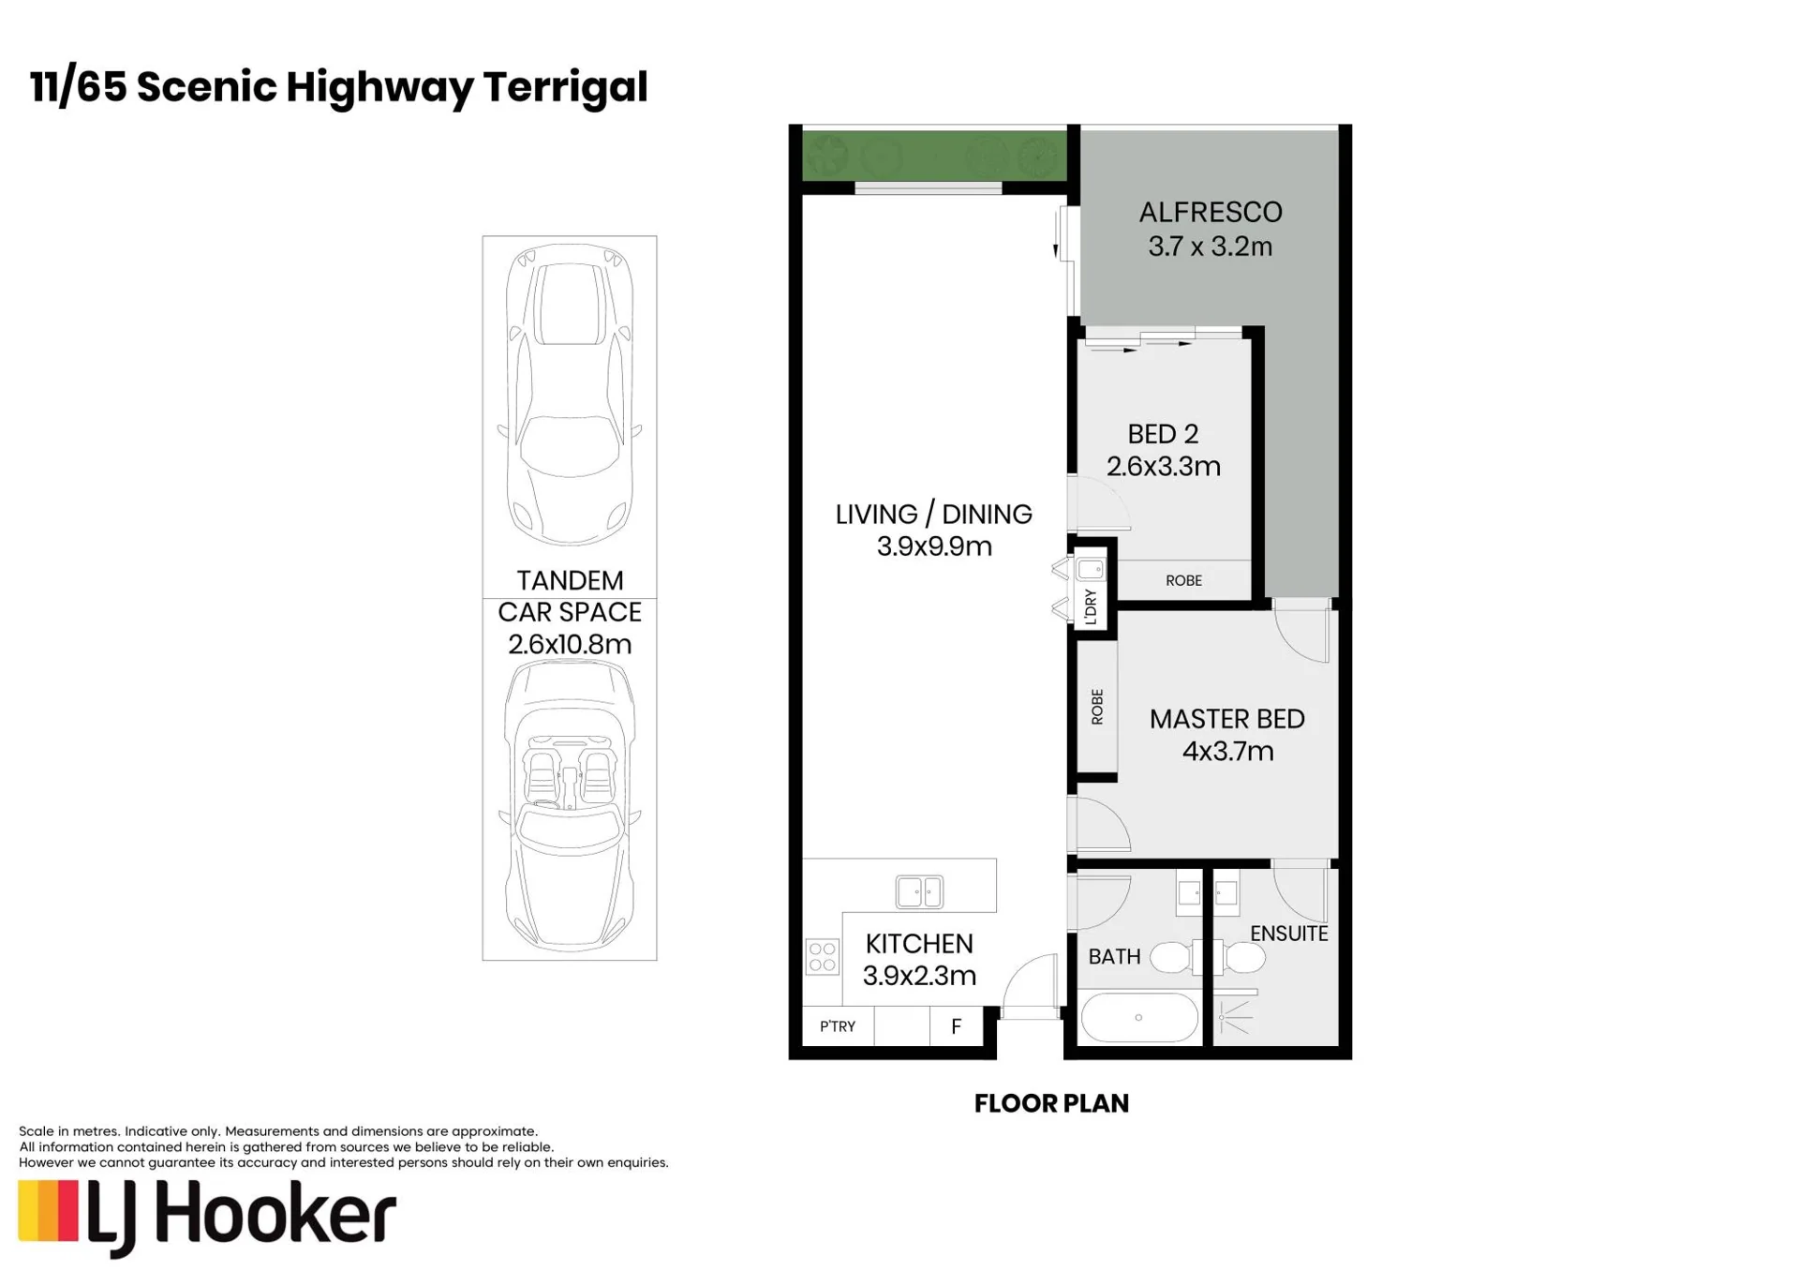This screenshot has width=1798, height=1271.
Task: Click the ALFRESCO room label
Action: (1210, 213)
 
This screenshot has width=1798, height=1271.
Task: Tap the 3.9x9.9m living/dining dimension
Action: (934, 546)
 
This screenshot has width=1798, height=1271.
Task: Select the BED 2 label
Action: (1163, 434)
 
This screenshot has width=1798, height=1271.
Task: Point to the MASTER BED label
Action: (1226, 719)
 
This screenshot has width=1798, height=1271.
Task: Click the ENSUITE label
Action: (1289, 934)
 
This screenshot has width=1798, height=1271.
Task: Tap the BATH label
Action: (1114, 957)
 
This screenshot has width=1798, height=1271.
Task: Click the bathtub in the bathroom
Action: (1139, 1017)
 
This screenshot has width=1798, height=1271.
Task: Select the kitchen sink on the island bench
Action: (919, 891)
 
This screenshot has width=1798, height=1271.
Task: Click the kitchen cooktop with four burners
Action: (823, 957)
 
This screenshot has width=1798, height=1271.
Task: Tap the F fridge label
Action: (956, 1026)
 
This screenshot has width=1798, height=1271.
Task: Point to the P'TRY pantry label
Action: (838, 1026)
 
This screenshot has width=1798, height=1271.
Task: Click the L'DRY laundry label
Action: (1091, 607)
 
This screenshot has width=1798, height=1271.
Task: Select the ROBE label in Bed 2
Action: (1183, 581)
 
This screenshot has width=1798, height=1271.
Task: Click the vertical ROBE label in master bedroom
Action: (1097, 707)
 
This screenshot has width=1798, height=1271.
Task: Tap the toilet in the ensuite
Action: (1240, 958)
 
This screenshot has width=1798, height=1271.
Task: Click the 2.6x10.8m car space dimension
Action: (570, 645)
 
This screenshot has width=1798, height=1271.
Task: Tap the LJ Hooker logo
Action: (207, 1218)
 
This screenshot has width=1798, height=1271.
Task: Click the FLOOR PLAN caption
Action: (1051, 1104)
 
